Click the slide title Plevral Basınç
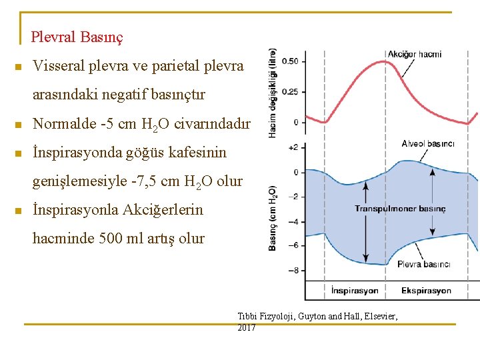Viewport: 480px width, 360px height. point(77,37)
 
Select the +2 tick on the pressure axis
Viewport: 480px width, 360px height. point(292,147)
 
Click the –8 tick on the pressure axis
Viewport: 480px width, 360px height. point(292,270)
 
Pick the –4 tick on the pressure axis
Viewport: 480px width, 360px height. point(292,221)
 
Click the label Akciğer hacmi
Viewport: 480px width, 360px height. point(414,54)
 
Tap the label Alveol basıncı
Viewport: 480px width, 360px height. point(427,144)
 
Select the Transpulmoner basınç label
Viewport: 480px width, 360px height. point(399,209)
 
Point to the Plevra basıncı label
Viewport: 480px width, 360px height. point(423,265)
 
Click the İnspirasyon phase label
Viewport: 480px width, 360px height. point(354,291)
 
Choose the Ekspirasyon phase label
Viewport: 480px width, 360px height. point(426,291)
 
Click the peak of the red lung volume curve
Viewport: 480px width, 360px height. point(383,61)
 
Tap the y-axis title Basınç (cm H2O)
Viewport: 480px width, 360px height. point(273,219)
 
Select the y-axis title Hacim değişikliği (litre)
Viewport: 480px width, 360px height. point(273,94)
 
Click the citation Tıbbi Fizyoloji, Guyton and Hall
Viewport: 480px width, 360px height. point(317,316)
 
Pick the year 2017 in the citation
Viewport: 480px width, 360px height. point(247,328)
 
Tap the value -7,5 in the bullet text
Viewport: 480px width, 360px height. point(145,181)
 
